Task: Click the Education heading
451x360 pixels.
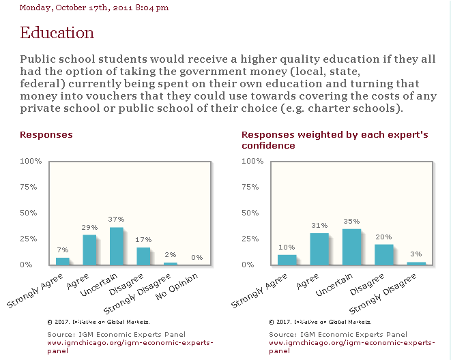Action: pyautogui.click(x=57, y=33)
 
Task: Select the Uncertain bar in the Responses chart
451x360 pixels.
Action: pyautogui.click(x=116, y=246)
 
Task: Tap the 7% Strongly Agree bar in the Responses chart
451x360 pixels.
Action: pyautogui.click(x=62, y=261)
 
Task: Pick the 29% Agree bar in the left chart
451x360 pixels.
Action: pyautogui.click(x=89, y=250)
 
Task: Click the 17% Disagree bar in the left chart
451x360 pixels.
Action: pyautogui.click(x=143, y=256)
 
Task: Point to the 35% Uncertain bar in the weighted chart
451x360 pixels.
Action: pyautogui.click(x=351, y=247)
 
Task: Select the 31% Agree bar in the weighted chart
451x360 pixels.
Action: pyautogui.click(x=319, y=249)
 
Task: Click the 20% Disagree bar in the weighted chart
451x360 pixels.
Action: pyautogui.click(x=383, y=255)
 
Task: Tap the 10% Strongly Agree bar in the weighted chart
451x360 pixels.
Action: pyautogui.click(x=287, y=260)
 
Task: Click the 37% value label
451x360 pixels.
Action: pyautogui.click(x=116, y=220)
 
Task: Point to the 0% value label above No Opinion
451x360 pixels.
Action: pyautogui.click(x=197, y=258)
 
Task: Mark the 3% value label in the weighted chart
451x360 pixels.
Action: pyautogui.click(x=416, y=254)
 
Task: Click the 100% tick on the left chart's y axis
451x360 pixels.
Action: pyautogui.click(x=31, y=161)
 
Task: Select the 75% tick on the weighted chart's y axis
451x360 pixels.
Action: pyautogui.click(x=250, y=187)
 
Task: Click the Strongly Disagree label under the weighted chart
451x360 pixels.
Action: pyautogui.click(x=383, y=294)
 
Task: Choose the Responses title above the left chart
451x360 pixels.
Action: pyautogui.click(x=46, y=135)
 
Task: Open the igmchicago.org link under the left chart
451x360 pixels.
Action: pyautogui.click(x=130, y=346)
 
